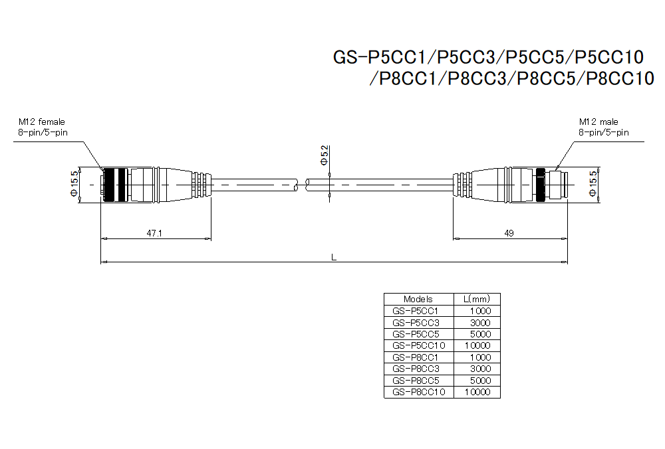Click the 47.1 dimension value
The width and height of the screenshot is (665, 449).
[154, 234]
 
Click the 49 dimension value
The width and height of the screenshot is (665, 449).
[509, 234]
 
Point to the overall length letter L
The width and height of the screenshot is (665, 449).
[334, 257]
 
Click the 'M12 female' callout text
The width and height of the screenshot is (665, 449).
[42, 122]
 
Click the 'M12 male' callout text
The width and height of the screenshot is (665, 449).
[598, 122]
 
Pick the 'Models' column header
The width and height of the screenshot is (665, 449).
[418, 299]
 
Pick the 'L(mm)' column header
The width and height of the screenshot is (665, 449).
[476, 299]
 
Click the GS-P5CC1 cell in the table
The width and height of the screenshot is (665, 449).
[416, 311]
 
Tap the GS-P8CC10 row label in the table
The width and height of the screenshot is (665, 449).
[418, 392]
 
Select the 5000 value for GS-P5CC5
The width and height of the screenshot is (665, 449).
[480, 334]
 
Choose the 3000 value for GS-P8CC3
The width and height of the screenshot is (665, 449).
[480, 369]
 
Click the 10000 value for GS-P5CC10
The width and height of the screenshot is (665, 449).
[478, 345]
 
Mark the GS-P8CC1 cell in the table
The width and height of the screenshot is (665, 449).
[416, 357]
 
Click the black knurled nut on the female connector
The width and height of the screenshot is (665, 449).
[115, 184]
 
